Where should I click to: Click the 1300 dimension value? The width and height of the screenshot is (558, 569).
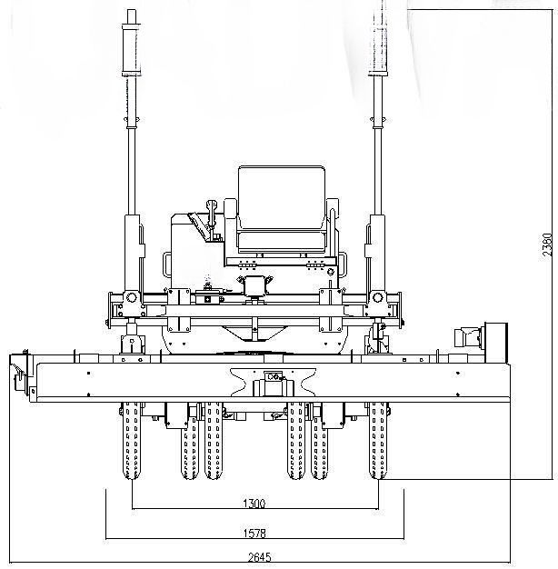click(254, 504)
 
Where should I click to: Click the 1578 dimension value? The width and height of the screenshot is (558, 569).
click(254, 533)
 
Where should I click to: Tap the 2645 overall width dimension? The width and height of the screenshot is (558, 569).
click(259, 557)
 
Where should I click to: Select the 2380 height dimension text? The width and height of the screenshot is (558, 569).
click(547, 245)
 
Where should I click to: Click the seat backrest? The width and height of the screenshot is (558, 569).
click(282, 198)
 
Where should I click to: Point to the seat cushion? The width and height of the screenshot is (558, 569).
click(282, 243)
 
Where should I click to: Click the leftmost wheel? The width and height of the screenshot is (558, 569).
click(132, 441)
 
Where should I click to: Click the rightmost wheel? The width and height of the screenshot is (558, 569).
click(378, 441)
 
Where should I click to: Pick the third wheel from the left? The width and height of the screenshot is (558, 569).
click(213, 441)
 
